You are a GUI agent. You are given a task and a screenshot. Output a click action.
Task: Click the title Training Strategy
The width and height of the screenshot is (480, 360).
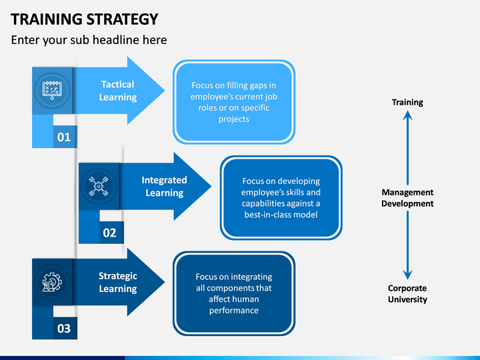click(x=85, y=19)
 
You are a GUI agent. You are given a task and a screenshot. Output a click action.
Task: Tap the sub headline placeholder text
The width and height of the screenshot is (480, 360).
click(x=89, y=40)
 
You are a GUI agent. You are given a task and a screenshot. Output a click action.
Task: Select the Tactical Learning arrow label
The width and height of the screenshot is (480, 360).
click(x=118, y=91)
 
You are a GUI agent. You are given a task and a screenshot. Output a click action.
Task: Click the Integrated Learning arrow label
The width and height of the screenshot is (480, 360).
click(x=165, y=187)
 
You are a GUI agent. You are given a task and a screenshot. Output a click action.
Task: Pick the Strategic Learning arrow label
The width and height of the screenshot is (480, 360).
click(x=118, y=282)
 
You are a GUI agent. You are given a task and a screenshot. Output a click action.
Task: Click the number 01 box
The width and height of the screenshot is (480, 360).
click(x=64, y=137)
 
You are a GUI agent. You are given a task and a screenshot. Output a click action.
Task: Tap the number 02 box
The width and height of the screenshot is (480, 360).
click(x=111, y=233)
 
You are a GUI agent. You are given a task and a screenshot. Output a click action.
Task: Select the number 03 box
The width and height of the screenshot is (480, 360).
click(x=64, y=329)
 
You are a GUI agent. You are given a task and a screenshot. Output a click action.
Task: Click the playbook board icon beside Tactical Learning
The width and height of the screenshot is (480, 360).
click(x=52, y=90)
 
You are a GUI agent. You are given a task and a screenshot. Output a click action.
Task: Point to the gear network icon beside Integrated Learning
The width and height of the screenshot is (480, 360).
click(x=99, y=186)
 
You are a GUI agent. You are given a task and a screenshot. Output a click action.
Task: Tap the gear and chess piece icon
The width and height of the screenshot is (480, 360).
click(x=52, y=282)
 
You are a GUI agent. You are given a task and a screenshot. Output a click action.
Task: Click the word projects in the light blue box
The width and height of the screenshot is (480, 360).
click(x=234, y=119)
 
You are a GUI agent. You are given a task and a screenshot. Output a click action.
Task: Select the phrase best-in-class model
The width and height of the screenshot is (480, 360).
click(x=281, y=215)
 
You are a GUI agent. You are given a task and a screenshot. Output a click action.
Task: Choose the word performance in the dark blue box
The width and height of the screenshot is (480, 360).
click(x=234, y=311)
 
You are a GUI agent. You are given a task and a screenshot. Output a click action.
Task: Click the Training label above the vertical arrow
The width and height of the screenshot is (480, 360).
click(x=407, y=102)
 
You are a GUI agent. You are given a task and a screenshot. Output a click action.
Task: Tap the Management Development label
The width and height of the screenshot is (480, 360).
click(x=407, y=198)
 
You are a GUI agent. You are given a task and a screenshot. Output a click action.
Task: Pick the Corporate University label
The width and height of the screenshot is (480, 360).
click(x=407, y=293)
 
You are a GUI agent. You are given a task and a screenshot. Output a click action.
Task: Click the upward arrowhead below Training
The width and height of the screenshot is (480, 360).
click(x=407, y=115)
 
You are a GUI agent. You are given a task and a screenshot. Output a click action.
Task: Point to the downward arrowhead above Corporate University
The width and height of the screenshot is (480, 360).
click(x=407, y=275)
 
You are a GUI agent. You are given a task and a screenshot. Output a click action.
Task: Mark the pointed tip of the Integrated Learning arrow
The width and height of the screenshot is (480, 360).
click(x=211, y=186)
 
